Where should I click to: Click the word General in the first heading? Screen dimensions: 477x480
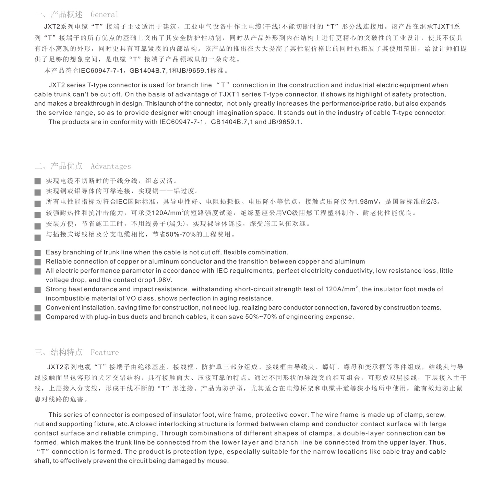click(x=104, y=15)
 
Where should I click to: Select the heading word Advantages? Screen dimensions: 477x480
click(x=111, y=167)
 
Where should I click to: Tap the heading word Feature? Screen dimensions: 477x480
click(x=105, y=353)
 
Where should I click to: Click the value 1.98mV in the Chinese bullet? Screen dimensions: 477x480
click(x=365, y=202)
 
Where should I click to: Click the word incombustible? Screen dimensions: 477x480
click(x=68, y=298)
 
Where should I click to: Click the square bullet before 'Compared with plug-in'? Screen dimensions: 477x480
click(x=38, y=317)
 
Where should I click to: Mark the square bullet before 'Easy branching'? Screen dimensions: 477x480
click(x=38, y=253)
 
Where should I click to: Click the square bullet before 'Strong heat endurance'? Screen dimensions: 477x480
click(x=38, y=290)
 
